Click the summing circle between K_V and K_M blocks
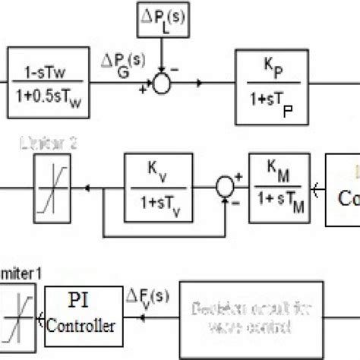(223, 184)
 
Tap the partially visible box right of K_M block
(343, 190)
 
